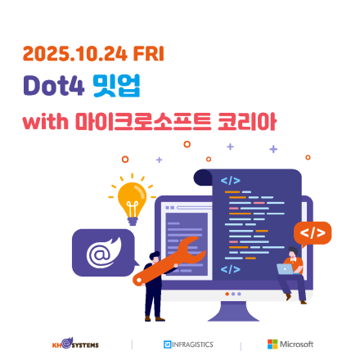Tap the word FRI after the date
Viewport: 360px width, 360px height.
[147, 54]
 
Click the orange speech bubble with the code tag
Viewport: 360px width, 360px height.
[313, 233]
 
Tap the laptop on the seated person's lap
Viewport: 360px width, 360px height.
[286, 268]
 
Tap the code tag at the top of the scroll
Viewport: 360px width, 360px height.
[230, 179]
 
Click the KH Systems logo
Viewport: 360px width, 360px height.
[75, 344]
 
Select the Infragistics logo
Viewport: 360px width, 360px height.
[188, 344]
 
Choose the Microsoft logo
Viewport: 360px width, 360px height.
[290, 344]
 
